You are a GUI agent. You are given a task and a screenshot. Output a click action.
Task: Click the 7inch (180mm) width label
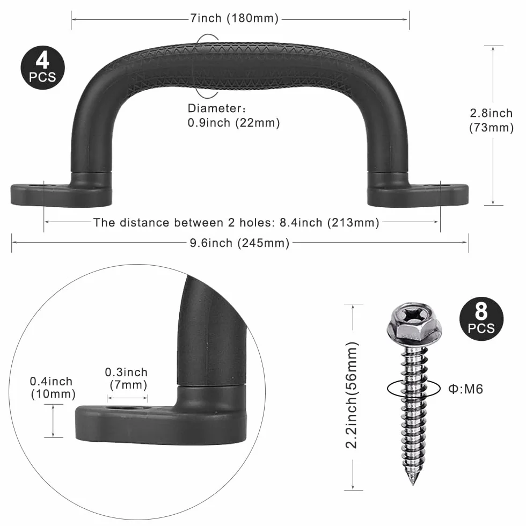[x=235, y=18]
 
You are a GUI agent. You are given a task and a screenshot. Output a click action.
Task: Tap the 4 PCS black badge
[x=42, y=68]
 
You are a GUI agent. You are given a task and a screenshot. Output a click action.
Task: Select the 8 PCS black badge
[x=481, y=319]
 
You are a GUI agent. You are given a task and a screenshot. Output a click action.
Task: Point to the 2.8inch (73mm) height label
[x=492, y=120]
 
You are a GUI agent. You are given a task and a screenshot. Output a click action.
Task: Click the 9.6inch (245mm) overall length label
[x=239, y=243]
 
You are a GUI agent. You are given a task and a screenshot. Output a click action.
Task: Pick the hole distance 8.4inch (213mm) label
[x=236, y=222]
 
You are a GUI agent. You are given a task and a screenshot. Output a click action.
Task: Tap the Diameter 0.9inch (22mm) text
[x=234, y=115]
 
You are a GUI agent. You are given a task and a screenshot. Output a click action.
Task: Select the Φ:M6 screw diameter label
[x=466, y=389]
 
